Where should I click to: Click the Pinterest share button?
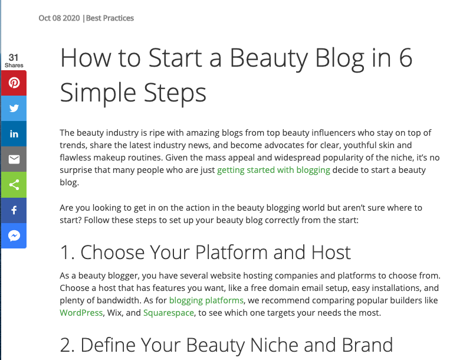(x=14, y=83)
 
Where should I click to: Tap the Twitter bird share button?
(x=14, y=109)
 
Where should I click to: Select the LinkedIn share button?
(x=14, y=134)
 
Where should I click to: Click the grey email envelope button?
(x=14, y=159)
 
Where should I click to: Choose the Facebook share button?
(x=14, y=211)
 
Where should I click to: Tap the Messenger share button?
(x=14, y=236)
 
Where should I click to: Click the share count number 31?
(x=14, y=57)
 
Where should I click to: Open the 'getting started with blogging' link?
(x=274, y=170)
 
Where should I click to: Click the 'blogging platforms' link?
(x=206, y=300)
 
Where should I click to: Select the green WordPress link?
(x=81, y=313)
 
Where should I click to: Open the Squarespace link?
(x=169, y=313)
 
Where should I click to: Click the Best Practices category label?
(x=110, y=18)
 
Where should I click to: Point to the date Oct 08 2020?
(x=59, y=18)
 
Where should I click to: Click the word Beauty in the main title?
(x=269, y=58)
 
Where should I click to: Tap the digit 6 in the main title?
(x=406, y=57)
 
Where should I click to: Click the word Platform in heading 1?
(x=231, y=253)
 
